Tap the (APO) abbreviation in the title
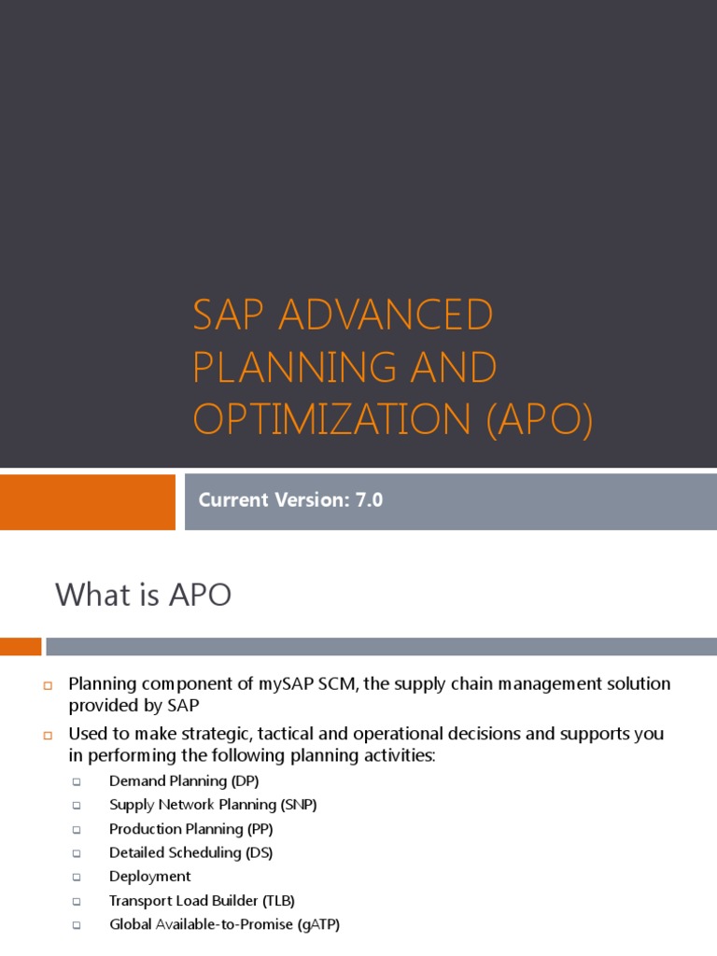(x=539, y=421)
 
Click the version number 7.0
(x=368, y=500)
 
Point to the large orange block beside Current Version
(x=87, y=502)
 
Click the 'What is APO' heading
(x=143, y=595)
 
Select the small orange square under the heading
(x=21, y=646)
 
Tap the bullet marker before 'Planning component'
(x=47, y=685)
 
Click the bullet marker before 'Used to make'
(x=47, y=735)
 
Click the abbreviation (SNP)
(x=299, y=805)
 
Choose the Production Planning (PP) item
(x=190, y=829)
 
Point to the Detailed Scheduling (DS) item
(x=190, y=852)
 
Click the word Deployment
(x=149, y=877)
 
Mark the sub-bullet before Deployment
(x=77, y=878)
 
